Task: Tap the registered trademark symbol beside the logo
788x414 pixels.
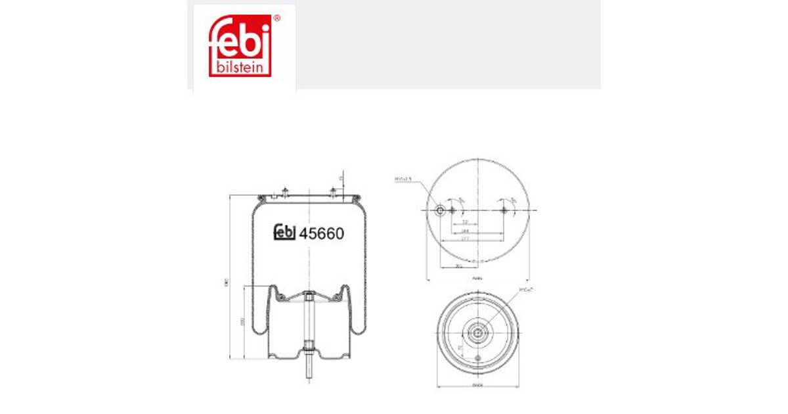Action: point(276,19)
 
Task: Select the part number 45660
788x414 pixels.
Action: point(322,233)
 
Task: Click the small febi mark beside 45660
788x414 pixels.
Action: point(284,233)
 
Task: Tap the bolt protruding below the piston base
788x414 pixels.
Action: point(308,372)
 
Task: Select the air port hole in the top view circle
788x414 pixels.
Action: point(441,210)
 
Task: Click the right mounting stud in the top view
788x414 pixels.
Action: point(504,210)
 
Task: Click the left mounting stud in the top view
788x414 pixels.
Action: point(452,210)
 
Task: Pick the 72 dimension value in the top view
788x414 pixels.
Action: point(464,223)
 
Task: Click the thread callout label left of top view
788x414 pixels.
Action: point(403,178)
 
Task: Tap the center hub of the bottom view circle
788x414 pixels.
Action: point(478,333)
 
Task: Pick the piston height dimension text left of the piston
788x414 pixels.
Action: point(242,322)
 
